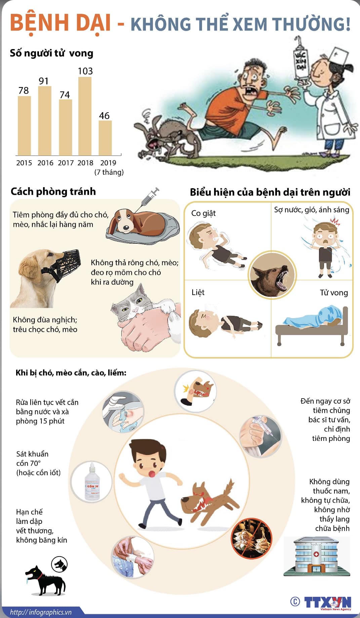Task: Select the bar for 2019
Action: [105, 138]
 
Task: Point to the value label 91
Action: [44, 81]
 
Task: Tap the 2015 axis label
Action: [24, 163]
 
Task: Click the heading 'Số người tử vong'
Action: [51, 53]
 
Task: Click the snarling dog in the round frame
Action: [272, 276]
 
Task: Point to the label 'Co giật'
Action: [203, 213]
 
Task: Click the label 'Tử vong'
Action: [333, 293]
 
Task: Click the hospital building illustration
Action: [316, 556]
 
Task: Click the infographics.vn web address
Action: [41, 612]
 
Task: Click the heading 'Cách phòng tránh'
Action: [53, 192]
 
